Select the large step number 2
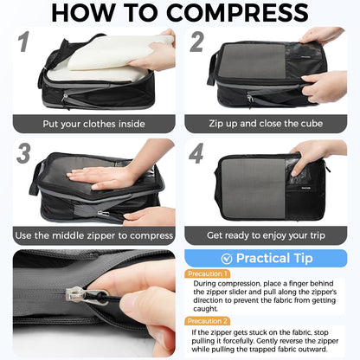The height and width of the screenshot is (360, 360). (x=196, y=43)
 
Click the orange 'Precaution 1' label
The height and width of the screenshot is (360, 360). (x=208, y=273)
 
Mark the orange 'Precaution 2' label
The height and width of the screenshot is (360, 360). (x=208, y=321)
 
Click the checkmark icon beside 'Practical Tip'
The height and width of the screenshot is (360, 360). (x=227, y=258)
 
